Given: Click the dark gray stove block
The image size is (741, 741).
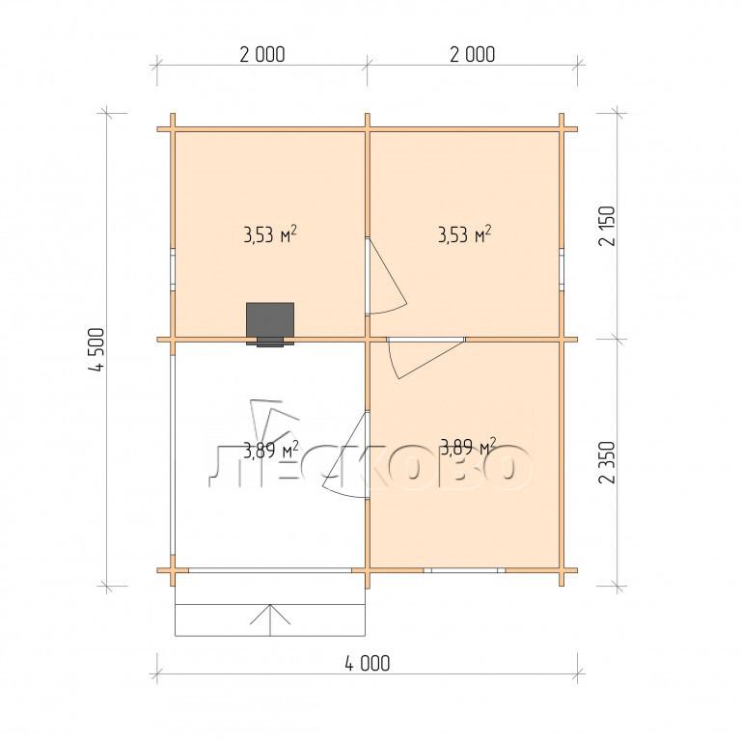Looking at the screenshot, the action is click(x=270, y=320).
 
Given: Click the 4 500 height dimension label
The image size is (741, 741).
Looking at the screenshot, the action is click(x=96, y=349).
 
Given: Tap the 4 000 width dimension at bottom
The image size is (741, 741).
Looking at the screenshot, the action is click(x=368, y=664).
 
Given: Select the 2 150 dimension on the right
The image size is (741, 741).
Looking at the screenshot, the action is click(x=607, y=226).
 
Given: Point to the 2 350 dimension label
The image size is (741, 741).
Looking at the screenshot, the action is click(x=607, y=462).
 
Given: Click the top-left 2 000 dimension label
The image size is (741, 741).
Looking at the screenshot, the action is click(x=262, y=55).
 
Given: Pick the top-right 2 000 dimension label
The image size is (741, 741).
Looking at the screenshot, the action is click(x=472, y=55).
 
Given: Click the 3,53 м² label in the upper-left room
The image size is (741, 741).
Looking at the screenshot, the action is click(x=270, y=234).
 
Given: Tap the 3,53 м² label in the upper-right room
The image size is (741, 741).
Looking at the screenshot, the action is click(x=464, y=234).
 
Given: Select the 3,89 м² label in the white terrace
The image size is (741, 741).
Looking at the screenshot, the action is click(x=271, y=450).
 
